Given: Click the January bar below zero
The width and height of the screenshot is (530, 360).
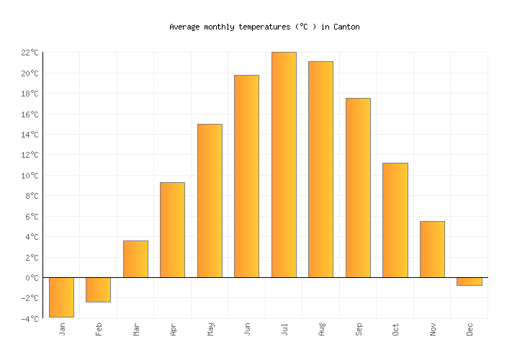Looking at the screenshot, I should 61,297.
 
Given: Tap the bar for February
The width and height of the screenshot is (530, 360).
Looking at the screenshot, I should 98,289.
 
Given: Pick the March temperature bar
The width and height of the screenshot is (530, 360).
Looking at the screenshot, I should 135,258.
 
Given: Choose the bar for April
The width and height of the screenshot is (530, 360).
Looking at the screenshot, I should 172,230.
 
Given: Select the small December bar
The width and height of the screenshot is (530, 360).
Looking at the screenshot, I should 469,282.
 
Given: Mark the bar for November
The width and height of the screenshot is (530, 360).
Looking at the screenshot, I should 432,249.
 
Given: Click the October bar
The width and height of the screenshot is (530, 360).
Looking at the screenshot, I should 395,220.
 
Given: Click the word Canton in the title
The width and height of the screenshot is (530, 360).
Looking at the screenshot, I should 346,27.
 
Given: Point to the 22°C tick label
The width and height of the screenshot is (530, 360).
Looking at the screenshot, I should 30,53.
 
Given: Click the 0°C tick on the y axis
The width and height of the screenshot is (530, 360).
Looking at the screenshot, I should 32,278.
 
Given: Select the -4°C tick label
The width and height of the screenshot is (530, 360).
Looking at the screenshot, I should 30,319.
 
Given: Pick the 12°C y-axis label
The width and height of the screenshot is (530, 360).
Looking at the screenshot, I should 30,155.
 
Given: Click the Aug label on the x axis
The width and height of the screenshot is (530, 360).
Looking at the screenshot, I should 322,329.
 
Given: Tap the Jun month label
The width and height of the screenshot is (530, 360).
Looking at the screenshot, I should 248,329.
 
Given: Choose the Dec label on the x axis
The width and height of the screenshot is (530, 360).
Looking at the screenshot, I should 470,329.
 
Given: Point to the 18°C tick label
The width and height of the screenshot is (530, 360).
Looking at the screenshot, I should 30,94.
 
